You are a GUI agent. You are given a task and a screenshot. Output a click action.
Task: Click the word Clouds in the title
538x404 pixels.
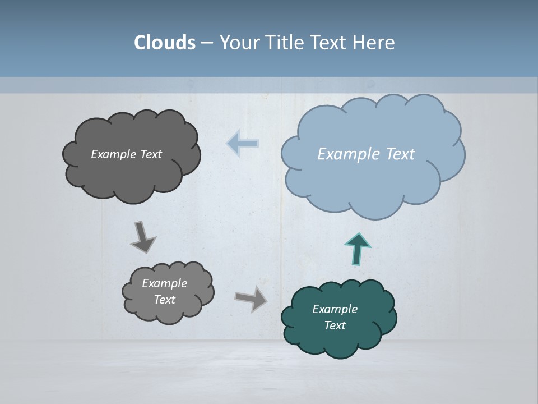click(165, 43)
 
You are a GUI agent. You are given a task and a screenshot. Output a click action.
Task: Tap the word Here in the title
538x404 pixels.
click(377, 43)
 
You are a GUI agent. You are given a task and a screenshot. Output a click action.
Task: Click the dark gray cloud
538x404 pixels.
click(132, 174)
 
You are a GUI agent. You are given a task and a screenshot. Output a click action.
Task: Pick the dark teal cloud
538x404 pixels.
click(339, 337)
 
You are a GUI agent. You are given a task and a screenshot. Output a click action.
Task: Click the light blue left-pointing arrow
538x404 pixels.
click(242, 144)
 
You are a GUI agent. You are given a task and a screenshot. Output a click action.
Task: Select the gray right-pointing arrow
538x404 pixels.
click(251, 298)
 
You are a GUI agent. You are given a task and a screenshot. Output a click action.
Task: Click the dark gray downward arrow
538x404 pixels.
click(142, 236)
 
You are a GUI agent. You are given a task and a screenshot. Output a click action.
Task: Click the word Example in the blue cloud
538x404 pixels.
click(348, 154)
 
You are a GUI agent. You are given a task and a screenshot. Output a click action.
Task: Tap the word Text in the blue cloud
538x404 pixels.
click(399, 154)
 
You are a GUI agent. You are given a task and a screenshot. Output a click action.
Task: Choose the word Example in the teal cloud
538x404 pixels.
click(335, 309)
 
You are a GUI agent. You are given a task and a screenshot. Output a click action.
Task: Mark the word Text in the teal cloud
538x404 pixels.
click(335, 325)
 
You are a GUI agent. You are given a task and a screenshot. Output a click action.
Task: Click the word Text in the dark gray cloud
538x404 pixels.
click(151, 154)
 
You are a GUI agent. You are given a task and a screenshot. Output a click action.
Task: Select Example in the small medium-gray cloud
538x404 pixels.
click(164, 283)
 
